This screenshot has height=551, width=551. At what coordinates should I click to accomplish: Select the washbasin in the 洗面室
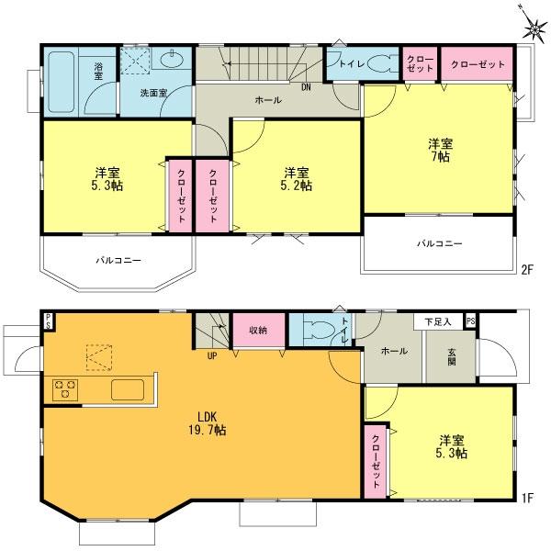171,62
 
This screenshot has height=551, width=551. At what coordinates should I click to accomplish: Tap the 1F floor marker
527,499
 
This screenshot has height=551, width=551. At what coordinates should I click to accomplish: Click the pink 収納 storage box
258,330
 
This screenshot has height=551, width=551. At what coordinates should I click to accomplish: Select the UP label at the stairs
212,354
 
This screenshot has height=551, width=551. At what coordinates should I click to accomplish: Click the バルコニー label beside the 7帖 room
440,244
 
